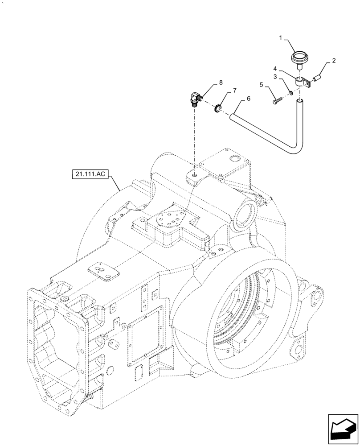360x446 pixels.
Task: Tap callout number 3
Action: pyautogui.click(x=275, y=77)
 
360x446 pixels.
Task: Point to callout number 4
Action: pyautogui.click(x=275, y=69)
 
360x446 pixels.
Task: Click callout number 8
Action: pyautogui.click(x=220, y=83)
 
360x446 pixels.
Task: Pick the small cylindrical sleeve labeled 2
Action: pyautogui.click(x=317, y=78)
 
